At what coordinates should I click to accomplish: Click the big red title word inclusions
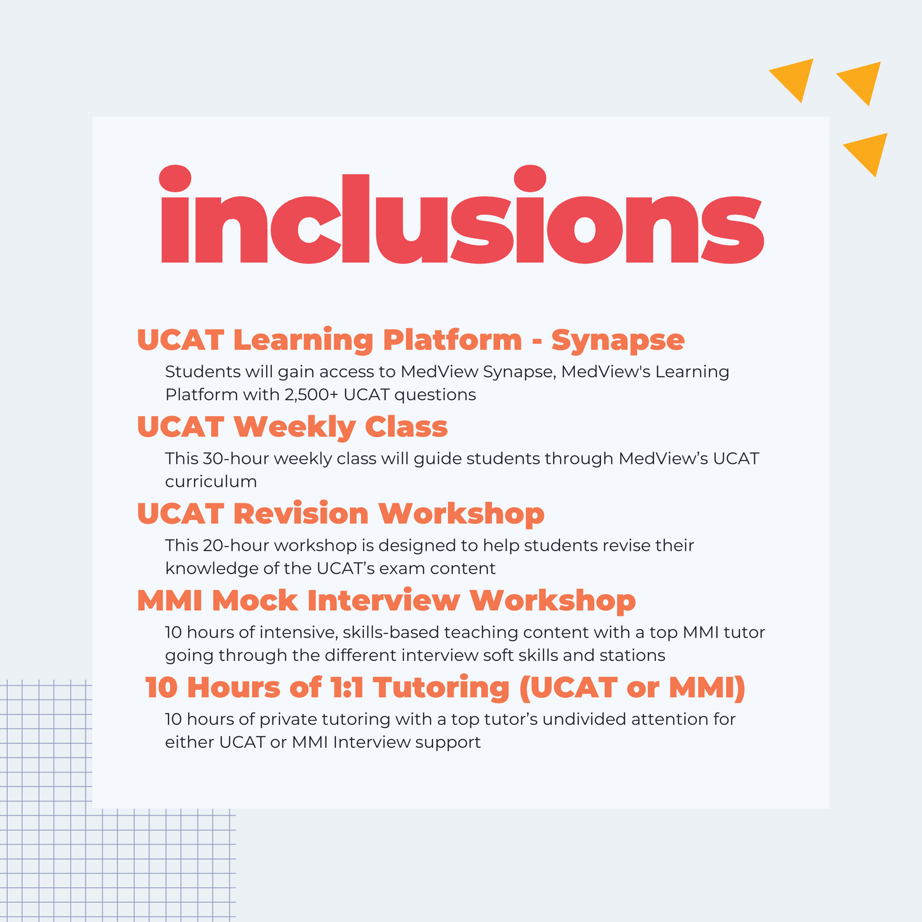(462, 214)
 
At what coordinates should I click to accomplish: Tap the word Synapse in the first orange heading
(618, 341)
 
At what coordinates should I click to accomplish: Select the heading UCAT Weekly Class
(292, 426)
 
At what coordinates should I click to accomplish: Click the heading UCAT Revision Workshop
(341, 514)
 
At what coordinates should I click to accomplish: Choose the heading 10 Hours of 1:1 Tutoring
(445, 688)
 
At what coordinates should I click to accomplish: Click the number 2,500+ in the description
(311, 395)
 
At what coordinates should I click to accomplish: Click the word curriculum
(211, 481)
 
